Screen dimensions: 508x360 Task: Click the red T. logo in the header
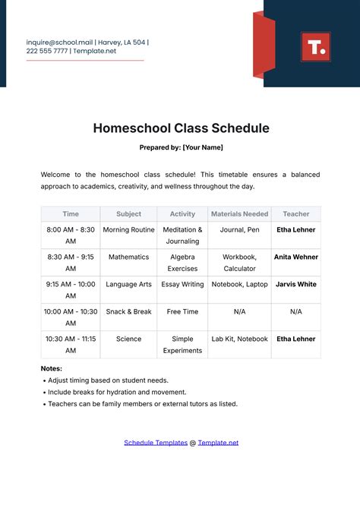click(x=315, y=47)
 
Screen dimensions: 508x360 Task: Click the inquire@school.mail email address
click(x=59, y=43)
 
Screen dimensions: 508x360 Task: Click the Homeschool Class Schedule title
click(x=180, y=128)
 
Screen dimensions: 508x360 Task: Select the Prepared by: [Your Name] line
click(x=180, y=147)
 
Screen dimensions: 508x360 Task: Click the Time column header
click(x=71, y=214)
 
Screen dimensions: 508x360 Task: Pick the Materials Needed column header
click(x=239, y=214)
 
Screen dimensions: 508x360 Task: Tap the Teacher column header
click(x=295, y=214)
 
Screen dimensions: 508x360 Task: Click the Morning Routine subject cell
click(x=128, y=229)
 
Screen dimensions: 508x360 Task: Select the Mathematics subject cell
click(x=128, y=257)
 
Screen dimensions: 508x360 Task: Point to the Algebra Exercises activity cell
click(x=182, y=263)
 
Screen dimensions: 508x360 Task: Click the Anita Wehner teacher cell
click(x=295, y=257)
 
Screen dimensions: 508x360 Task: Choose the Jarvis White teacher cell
click(x=295, y=284)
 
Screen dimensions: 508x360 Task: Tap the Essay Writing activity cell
click(x=182, y=284)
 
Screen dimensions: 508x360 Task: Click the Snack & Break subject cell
click(x=128, y=311)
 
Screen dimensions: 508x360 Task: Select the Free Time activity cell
click(x=182, y=311)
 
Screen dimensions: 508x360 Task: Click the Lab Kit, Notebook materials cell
click(x=239, y=339)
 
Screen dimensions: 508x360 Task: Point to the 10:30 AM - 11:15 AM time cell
click(x=71, y=345)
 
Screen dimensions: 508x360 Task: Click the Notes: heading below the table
click(x=52, y=368)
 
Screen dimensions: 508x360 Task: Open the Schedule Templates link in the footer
click(x=156, y=442)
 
